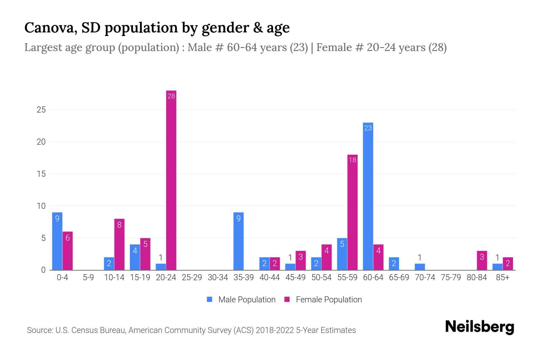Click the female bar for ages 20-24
(171, 180)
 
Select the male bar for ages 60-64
(368, 196)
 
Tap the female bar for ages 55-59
(352, 212)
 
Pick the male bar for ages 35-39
(238, 241)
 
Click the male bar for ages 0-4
(57, 241)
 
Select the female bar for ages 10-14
(119, 244)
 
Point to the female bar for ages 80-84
(482, 260)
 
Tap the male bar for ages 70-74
(420, 267)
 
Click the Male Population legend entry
(241, 299)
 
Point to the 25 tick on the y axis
(41, 110)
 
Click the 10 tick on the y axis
(41, 206)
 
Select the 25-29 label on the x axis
(192, 277)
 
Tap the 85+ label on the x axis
(502, 277)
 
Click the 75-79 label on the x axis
(451, 277)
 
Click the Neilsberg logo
(479, 327)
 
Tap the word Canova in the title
(48, 28)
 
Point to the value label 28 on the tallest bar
(171, 96)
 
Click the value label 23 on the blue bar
(368, 128)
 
